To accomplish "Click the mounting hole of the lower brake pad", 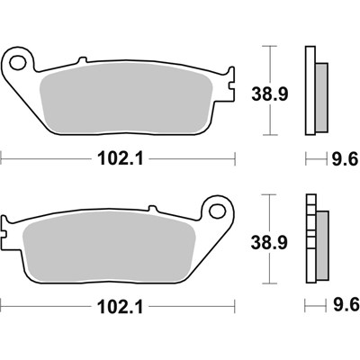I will pyautogui.click(x=216, y=211).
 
